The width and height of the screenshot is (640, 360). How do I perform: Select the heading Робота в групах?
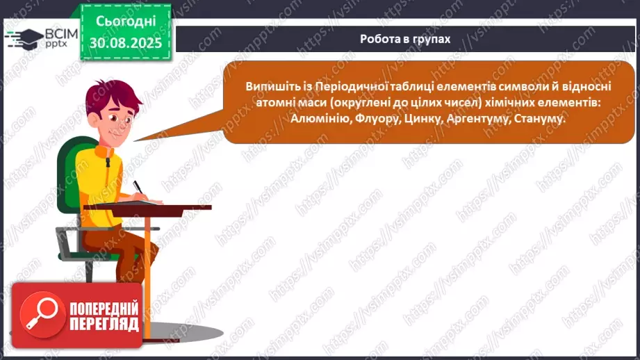[x=405, y=39]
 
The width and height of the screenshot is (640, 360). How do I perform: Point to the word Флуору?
[x=375, y=119]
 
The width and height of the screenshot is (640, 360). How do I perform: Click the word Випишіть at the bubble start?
[x=271, y=86]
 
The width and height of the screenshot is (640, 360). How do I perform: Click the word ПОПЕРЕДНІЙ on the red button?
[x=104, y=308]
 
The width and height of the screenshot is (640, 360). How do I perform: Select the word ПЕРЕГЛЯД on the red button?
[x=104, y=324]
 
